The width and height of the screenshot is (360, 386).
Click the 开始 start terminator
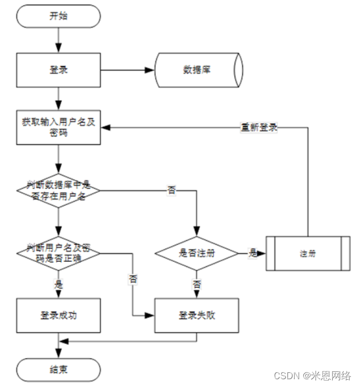click(58, 15)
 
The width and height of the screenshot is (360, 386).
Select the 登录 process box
click(58, 70)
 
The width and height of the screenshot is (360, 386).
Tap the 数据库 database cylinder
click(199, 70)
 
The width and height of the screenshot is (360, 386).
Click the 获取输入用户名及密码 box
click(58, 127)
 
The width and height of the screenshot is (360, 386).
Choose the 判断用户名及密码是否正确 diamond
click(58, 253)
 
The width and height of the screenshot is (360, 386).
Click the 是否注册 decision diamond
click(197, 253)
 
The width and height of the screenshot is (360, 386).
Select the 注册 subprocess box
click(308, 253)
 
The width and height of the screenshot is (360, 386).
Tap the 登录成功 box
click(58, 315)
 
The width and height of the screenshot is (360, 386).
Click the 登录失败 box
click(197, 315)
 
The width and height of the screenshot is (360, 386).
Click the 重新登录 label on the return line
click(259, 127)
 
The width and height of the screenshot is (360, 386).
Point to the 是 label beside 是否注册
click(252, 253)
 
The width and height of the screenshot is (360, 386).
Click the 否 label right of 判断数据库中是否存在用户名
click(171, 190)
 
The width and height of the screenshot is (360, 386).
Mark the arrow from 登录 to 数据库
click(128, 70)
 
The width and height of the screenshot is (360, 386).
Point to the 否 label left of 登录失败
click(134, 279)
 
